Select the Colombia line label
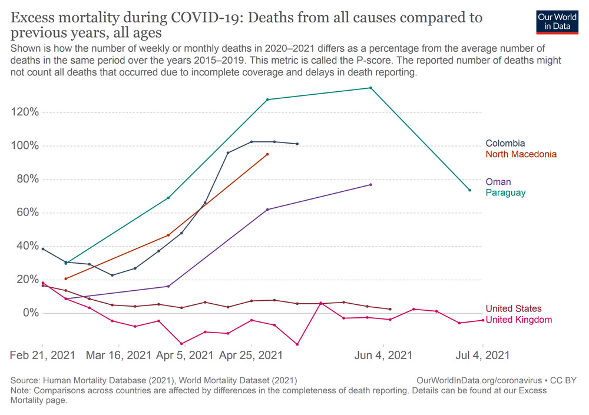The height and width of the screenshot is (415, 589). tap(505, 143)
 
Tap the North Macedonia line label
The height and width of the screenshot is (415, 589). tap(521, 154)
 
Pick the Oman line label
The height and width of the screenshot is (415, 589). tap(498, 182)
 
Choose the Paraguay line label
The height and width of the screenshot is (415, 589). tap(505, 192)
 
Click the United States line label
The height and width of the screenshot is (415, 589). tap(514, 308)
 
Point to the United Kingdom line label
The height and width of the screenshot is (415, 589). tap(519, 320)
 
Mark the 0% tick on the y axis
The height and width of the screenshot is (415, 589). tap(29, 313)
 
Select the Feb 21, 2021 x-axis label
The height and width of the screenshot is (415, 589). tap(42, 356)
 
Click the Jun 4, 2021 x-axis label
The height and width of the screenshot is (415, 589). tap(384, 356)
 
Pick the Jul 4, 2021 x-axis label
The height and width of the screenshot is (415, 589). tap(482, 356)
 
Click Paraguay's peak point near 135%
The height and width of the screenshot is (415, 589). tap(370, 88)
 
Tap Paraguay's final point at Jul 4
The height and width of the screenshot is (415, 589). tap(469, 190)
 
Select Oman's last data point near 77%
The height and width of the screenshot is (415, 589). tap(370, 184)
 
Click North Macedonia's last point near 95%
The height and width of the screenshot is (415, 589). tap(267, 154)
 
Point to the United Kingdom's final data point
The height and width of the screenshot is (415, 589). tap(483, 320)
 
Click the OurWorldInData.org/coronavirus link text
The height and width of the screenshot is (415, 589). tap(472, 381)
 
